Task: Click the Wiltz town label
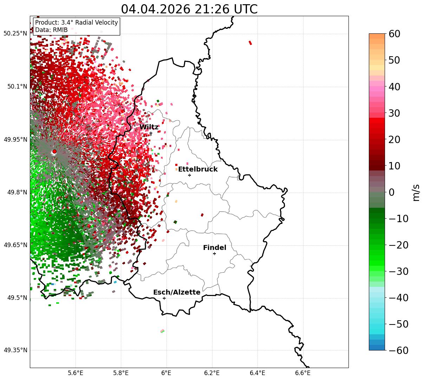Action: coord(149,127)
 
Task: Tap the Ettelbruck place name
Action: coord(198,169)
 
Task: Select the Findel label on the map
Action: coord(215,247)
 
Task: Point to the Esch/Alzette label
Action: coord(177,292)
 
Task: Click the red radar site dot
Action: coord(54,152)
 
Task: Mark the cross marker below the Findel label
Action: coord(214,254)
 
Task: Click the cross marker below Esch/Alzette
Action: coord(164,298)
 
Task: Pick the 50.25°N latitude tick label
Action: coord(15,33)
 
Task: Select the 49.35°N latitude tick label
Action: coord(15,350)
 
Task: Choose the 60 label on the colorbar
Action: coord(394,34)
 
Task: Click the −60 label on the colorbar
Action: coord(398,350)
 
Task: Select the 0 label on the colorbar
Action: coord(392,192)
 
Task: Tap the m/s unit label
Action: coord(416,193)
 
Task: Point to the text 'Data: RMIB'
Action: coord(51,30)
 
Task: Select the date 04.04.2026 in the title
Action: coord(156,9)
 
